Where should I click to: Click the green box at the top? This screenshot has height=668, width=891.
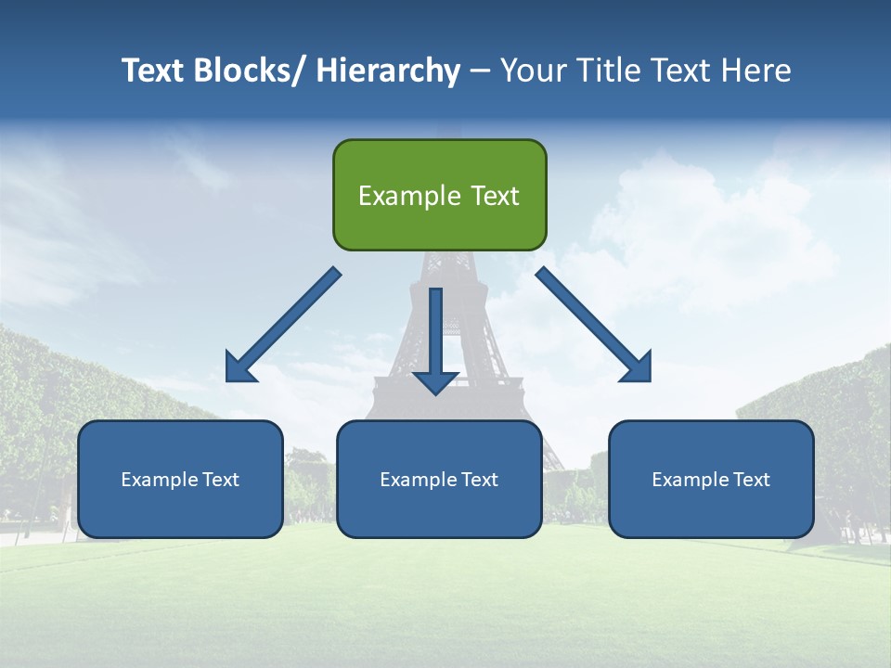click(x=439, y=195)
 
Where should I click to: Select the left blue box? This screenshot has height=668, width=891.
click(x=180, y=479)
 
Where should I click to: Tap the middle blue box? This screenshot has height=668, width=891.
click(x=439, y=479)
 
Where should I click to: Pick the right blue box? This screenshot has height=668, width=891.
click(x=711, y=479)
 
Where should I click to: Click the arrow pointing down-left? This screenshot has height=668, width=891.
click(x=283, y=326)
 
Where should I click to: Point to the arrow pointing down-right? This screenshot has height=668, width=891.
click(x=594, y=326)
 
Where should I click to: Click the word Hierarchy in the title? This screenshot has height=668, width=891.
click(x=388, y=71)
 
